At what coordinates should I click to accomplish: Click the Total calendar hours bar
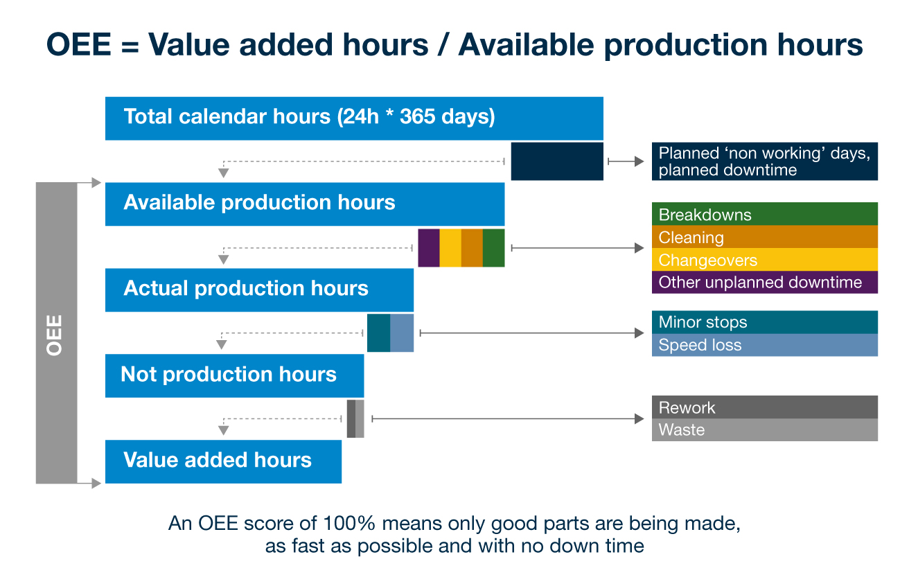pos(354,118)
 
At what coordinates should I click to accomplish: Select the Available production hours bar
pos(305,204)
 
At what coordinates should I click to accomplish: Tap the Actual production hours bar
pos(259,290)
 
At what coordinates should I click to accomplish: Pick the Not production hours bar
pos(234,375)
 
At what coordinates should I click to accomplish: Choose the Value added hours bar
pos(223,461)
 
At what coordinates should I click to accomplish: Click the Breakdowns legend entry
pos(764,214)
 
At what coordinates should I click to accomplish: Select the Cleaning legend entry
pos(764,237)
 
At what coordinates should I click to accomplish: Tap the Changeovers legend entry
pos(764,260)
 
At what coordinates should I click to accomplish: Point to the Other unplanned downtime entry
pos(764,282)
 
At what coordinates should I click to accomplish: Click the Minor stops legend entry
pos(764,322)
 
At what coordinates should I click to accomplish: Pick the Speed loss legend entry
pos(764,345)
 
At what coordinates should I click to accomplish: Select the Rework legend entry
pos(764,407)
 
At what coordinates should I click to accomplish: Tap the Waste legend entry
pos(764,429)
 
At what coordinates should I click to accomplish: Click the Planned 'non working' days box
pos(764,161)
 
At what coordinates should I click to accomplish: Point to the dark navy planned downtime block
pos(557,161)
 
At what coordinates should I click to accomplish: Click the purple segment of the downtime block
pos(429,247)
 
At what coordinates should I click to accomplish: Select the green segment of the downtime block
pos(493,247)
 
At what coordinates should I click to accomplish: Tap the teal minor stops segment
pos(378,332)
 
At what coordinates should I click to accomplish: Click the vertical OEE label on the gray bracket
pos(55,335)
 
